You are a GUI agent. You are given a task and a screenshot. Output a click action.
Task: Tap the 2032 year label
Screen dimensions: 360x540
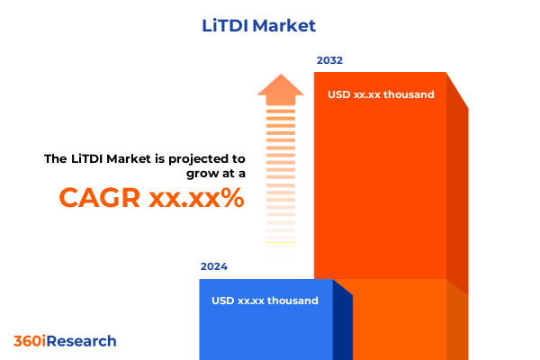coord(329,61)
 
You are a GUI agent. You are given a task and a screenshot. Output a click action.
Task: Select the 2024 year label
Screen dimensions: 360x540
coord(214,267)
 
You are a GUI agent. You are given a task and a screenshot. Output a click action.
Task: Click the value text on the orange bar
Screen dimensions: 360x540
coord(381,94)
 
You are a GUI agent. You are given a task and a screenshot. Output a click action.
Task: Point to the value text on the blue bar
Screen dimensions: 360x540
coord(265,301)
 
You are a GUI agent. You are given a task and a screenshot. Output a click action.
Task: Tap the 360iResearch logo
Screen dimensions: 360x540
coord(65,341)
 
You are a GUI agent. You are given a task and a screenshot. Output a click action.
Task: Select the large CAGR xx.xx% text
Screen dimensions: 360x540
coord(151,197)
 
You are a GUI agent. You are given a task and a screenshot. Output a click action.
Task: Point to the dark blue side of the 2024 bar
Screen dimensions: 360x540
coord(343,324)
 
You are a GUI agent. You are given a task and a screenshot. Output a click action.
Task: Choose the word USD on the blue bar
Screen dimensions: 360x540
coord(223,301)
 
